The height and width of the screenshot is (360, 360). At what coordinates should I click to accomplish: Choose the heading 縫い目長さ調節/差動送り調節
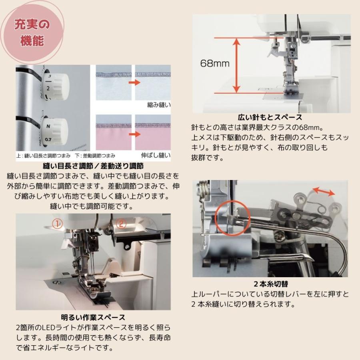click(93, 165)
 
